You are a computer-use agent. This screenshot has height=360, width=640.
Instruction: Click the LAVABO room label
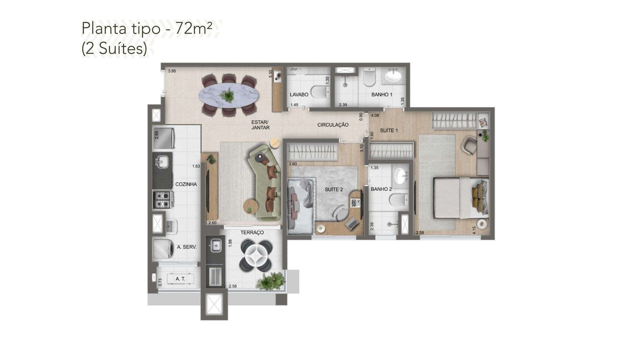click(x=299, y=95)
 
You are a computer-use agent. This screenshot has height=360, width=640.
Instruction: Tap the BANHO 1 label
click(x=382, y=95)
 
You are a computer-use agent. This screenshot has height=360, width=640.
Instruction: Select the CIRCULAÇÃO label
click(x=333, y=125)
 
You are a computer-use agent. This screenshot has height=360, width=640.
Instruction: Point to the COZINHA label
click(x=186, y=184)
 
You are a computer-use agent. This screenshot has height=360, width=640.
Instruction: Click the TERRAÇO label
click(x=252, y=233)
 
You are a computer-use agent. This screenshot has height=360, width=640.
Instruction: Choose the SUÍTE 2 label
click(x=334, y=190)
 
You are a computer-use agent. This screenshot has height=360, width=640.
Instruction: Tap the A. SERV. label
click(x=187, y=247)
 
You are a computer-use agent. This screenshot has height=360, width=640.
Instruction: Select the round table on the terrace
click(x=257, y=255)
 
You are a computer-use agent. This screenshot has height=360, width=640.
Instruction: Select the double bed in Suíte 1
click(x=461, y=198)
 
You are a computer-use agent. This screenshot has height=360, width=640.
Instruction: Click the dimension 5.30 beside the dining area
click(x=271, y=74)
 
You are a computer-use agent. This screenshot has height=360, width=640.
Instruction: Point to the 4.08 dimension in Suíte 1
click(x=375, y=116)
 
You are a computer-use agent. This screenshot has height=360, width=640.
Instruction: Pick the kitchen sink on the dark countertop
click(x=162, y=162)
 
